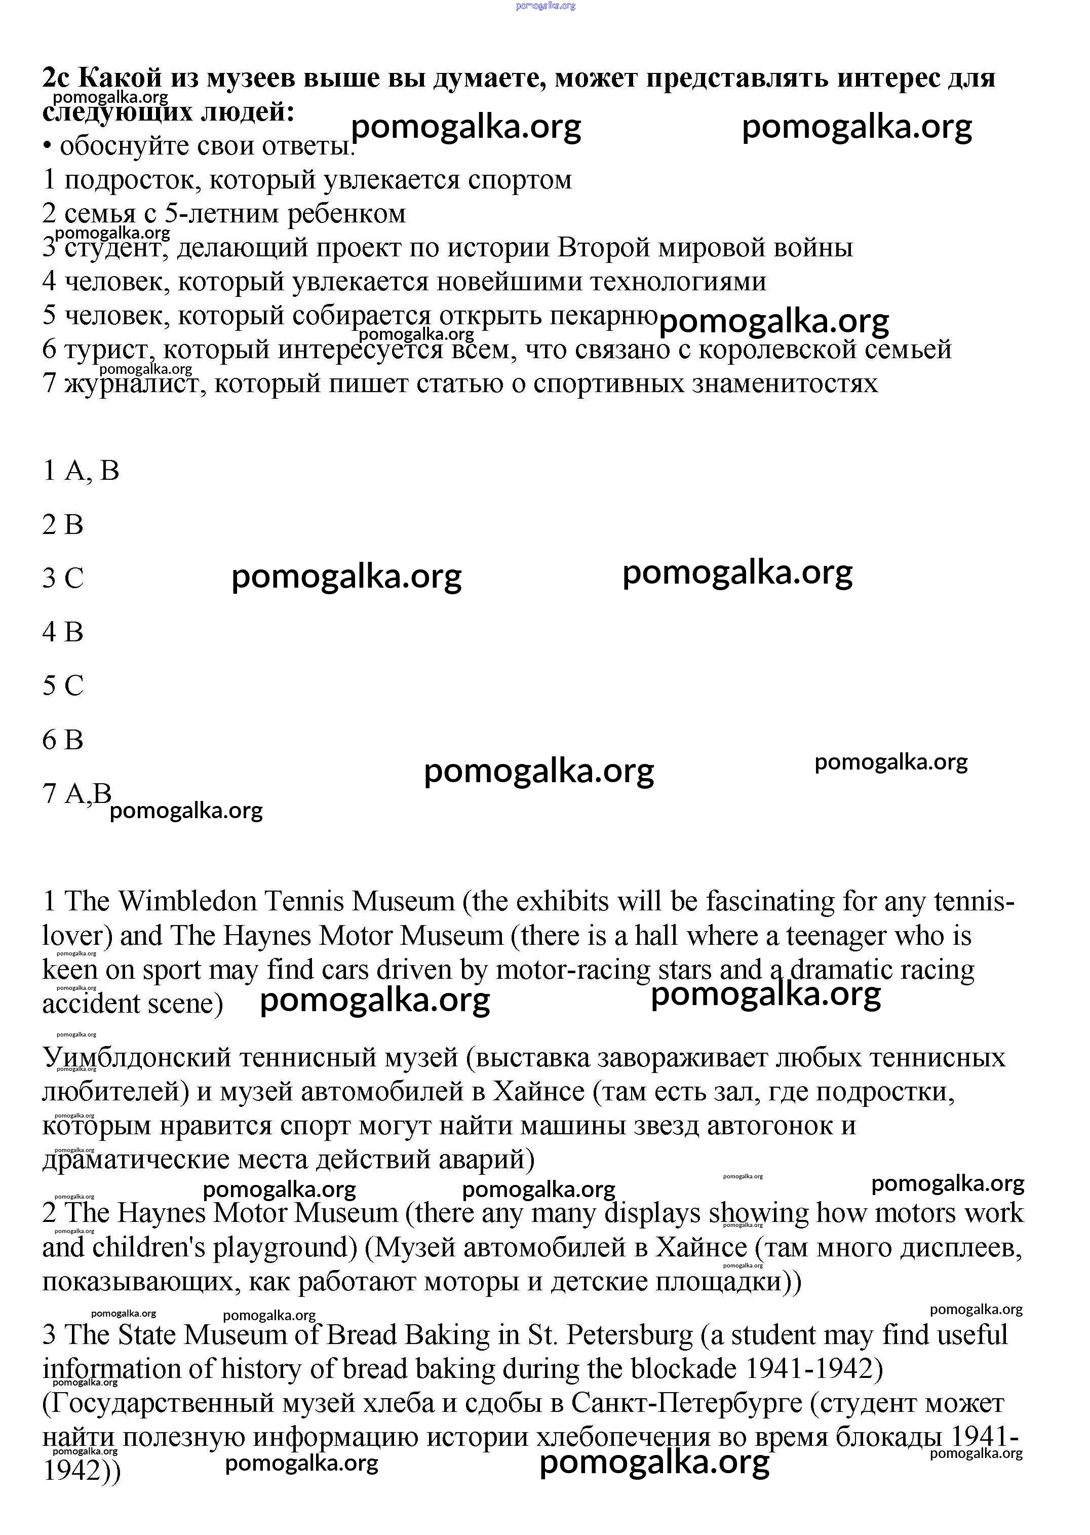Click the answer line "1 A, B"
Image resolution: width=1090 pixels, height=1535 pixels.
click(x=81, y=471)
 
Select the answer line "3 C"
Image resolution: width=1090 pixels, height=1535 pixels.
click(x=63, y=578)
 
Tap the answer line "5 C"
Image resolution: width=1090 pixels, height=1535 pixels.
click(x=63, y=685)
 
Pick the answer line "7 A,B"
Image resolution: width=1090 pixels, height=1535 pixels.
click(x=76, y=793)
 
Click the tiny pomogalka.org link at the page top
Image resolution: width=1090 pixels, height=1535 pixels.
click(x=546, y=6)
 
